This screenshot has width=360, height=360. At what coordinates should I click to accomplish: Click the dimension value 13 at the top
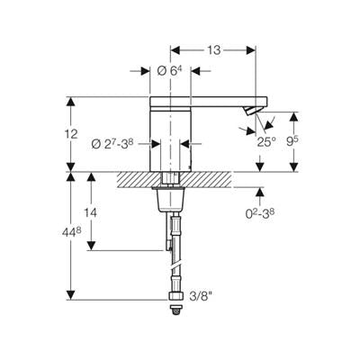coord(214,50)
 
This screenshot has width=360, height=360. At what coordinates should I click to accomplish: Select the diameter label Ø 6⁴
coord(169,70)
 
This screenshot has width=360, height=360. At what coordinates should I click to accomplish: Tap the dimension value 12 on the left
coord(71,134)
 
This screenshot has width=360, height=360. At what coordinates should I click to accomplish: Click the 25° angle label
coord(266,141)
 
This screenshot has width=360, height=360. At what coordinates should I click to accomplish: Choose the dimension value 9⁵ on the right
coord(292,141)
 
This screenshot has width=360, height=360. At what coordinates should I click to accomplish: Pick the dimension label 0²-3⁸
coord(260,213)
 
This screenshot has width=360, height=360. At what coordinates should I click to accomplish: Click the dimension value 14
coord(90,212)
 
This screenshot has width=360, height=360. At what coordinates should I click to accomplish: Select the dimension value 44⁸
coord(72,233)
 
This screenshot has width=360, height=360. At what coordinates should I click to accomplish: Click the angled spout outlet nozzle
coord(250,111)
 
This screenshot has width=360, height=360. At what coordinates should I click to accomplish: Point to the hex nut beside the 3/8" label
coord(175,296)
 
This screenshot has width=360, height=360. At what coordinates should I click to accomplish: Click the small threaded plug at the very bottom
coord(175,310)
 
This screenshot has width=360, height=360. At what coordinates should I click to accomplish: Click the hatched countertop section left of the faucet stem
coord(138,179)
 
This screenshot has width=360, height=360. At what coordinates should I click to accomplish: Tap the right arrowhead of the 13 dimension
coord(251,50)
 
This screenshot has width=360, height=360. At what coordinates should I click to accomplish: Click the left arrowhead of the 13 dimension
coord(175,50)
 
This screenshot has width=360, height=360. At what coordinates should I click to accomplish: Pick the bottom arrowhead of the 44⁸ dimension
coord(71,295)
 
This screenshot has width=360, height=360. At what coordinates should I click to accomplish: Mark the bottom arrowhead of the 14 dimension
coord(91,246)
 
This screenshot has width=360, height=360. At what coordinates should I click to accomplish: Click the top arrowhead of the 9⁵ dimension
coord(294,117)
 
